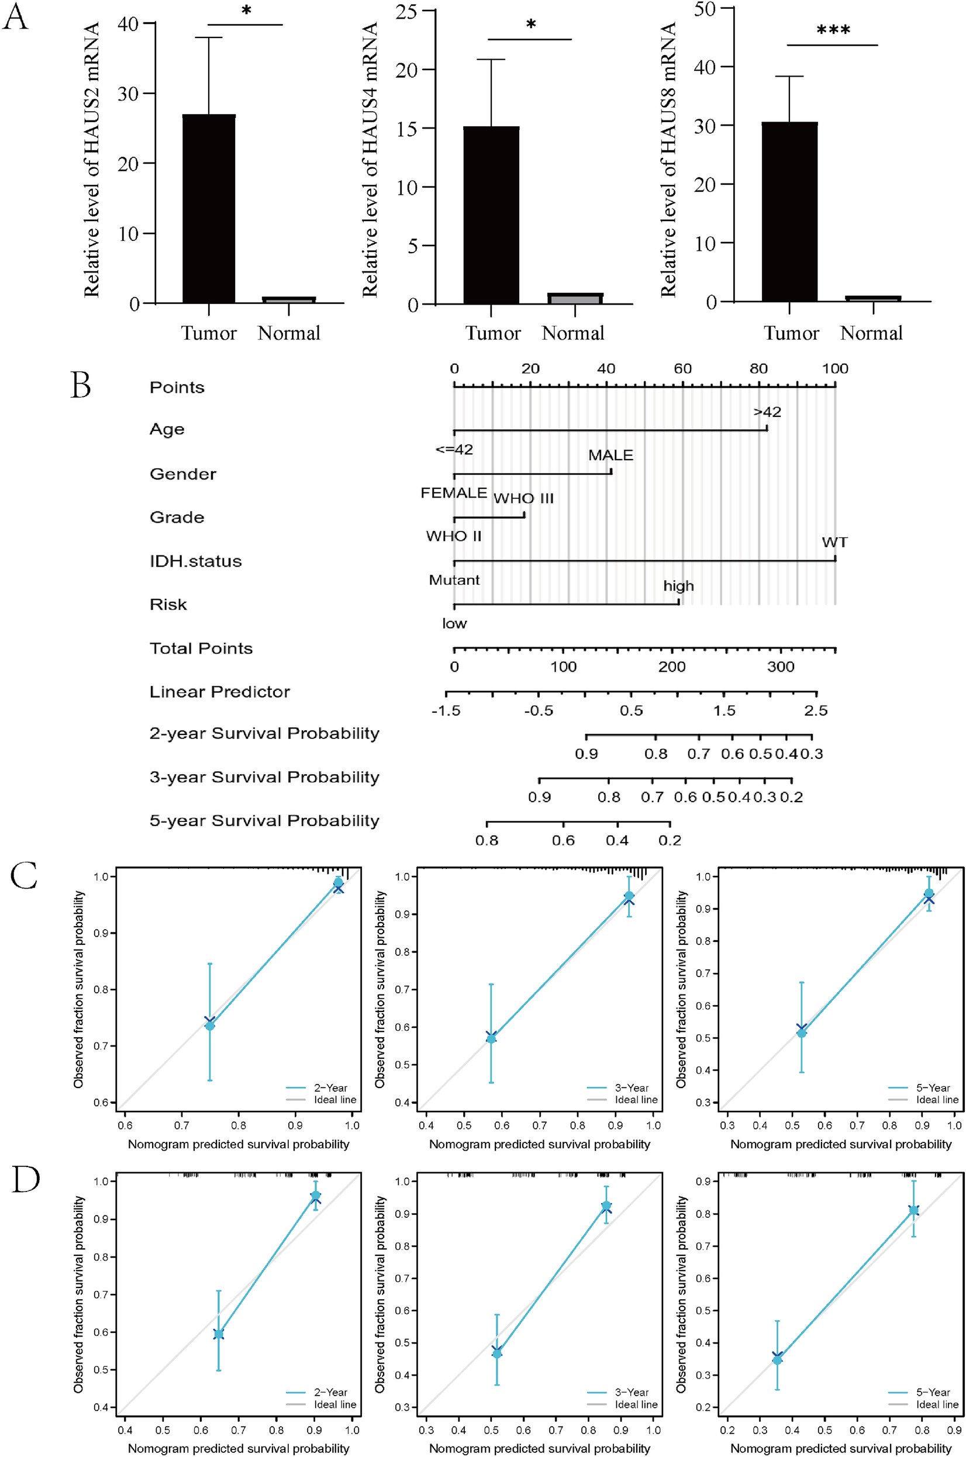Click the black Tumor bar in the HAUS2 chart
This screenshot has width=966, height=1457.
coord(209,209)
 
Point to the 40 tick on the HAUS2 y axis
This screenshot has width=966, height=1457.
coord(129,24)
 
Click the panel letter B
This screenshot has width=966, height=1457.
coord(81,385)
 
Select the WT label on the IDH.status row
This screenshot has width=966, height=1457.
coord(834,543)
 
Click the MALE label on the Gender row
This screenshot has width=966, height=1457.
coord(610,455)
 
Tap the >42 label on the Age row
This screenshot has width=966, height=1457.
coord(767,412)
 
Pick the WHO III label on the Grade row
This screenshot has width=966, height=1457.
coord(524,498)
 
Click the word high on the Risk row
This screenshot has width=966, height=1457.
coord(678,586)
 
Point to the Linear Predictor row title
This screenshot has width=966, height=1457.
coord(219,692)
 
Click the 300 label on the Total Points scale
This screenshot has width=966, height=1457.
coord(780,667)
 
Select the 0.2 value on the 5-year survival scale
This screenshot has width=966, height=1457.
coord(670,841)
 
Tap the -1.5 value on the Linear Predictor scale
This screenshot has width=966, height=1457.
coord(446,710)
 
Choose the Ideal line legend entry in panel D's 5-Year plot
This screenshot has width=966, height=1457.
coord(936,1404)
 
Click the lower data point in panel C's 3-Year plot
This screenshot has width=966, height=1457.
coord(491,1038)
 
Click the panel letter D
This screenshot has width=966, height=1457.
coord(25,1179)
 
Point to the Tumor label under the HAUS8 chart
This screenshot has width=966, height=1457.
coord(791,333)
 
